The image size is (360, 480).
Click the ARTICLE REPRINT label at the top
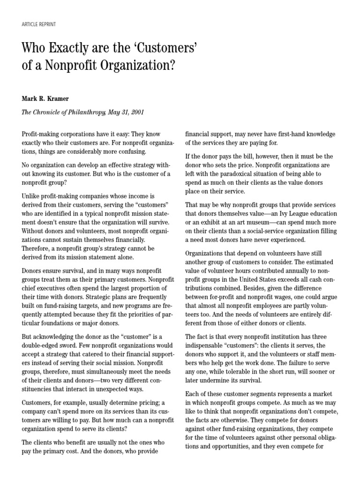pyautogui.click(x=39, y=24)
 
